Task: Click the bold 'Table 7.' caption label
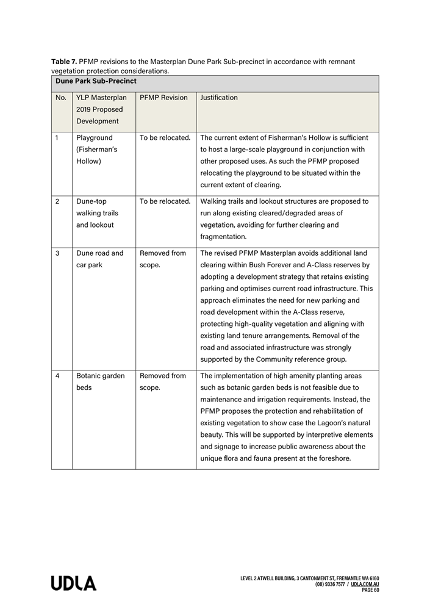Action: [x=64, y=62]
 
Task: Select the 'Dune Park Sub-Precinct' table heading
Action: [x=96, y=81]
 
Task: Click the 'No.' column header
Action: [x=61, y=98]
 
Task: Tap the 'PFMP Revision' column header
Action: [x=163, y=98]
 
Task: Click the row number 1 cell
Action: [x=57, y=138]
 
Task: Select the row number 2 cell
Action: [x=57, y=201]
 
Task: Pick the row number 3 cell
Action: [x=57, y=253]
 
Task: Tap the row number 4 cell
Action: [x=57, y=376]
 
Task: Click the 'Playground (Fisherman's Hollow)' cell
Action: [x=97, y=150]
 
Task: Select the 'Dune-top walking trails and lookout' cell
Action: [x=97, y=213]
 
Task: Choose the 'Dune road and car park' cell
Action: [x=99, y=259]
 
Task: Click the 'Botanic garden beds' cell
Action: [x=100, y=381]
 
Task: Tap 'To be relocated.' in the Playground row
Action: [x=165, y=138]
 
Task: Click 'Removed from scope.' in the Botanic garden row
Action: [x=162, y=381]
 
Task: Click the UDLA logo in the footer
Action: [x=73, y=583]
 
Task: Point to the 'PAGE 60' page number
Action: [x=370, y=590]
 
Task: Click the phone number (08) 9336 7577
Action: [x=330, y=584]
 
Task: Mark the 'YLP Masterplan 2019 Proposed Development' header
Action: [x=101, y=109]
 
